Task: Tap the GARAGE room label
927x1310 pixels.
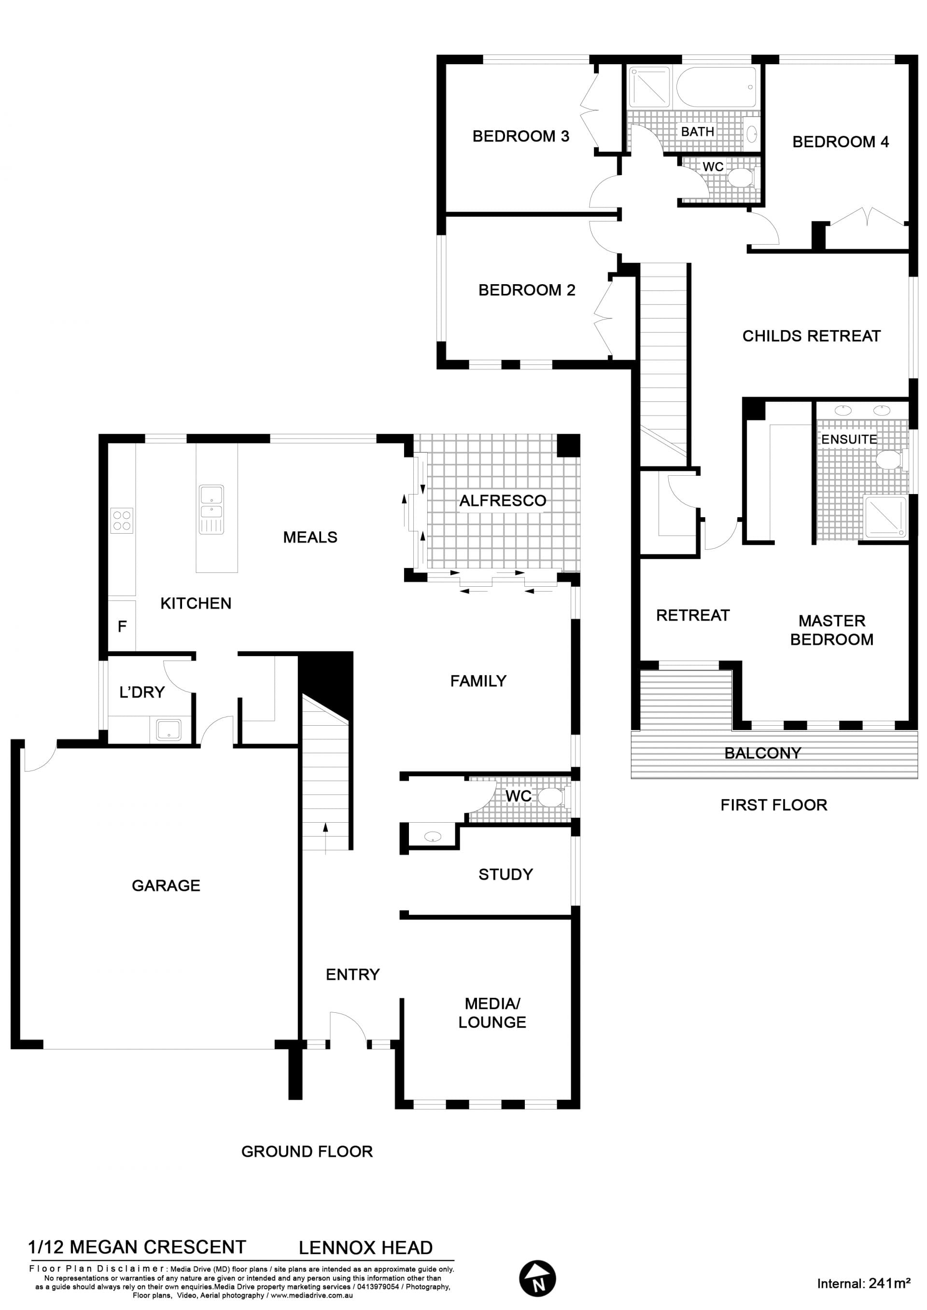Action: [166, 885]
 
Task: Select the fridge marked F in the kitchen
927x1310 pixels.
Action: [122, 626]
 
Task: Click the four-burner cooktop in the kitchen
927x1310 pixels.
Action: [122, 520]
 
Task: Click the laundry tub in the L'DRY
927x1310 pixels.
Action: [169, 730]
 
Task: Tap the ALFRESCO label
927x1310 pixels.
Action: [503, 500]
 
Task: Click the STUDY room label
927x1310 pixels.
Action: [506, 874]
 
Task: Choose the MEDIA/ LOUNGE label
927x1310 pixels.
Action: [492, 1013]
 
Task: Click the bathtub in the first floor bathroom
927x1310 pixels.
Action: [717, 87]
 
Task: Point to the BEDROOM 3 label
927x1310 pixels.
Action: [520, 136]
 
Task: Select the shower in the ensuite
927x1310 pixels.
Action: [885, 517]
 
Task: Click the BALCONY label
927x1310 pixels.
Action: [763, 753]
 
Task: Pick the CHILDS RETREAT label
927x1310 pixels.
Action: [811, 336]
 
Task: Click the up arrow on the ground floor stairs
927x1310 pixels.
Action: [325, 838]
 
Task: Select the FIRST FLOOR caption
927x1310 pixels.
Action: [773, 805]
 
